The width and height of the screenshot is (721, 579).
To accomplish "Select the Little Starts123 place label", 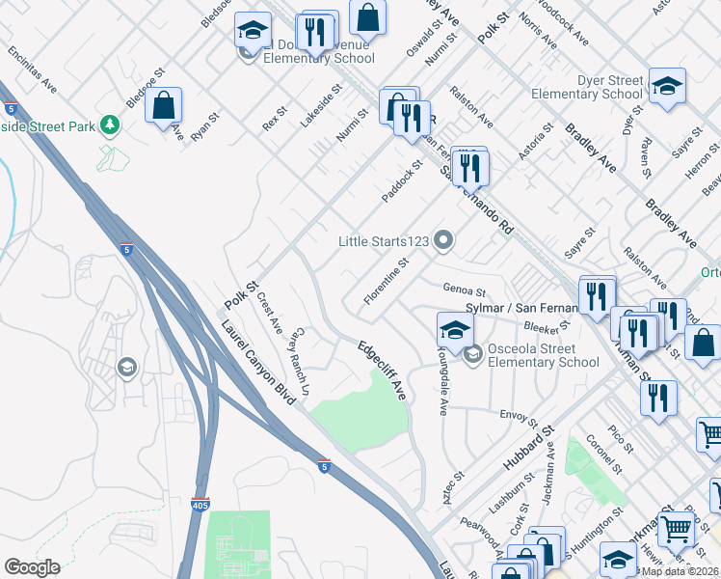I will (x=384, y=240).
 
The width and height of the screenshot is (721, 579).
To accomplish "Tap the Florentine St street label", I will (x=387, y=282).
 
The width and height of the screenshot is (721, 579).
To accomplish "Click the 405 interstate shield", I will (x=200, y=504).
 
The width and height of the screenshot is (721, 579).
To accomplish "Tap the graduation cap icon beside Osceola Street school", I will (x=455, y=329).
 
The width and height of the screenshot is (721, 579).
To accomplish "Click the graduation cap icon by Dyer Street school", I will (x=667, y=85).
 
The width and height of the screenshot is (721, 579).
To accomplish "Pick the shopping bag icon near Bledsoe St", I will (x=164, y=105).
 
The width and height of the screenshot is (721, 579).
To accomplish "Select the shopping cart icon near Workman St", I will (x=678, y=527).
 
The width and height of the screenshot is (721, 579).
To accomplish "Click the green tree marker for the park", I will (x=111, y=125).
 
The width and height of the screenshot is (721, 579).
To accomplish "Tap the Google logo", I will (x=32, y=567).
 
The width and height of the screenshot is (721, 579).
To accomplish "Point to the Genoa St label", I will (x=464, y=288).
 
